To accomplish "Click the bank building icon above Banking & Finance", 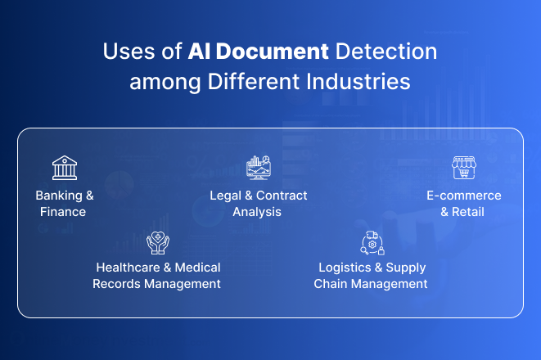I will (65, 169).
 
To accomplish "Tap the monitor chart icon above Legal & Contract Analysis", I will (259, 168).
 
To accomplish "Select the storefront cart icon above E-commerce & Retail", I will (463, 168).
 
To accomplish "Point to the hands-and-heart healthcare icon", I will (157, 242).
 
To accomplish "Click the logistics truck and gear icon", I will (372, 242).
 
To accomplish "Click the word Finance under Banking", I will (63, 212).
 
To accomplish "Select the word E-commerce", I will (463, 196).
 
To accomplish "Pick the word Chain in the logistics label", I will (331, 284).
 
